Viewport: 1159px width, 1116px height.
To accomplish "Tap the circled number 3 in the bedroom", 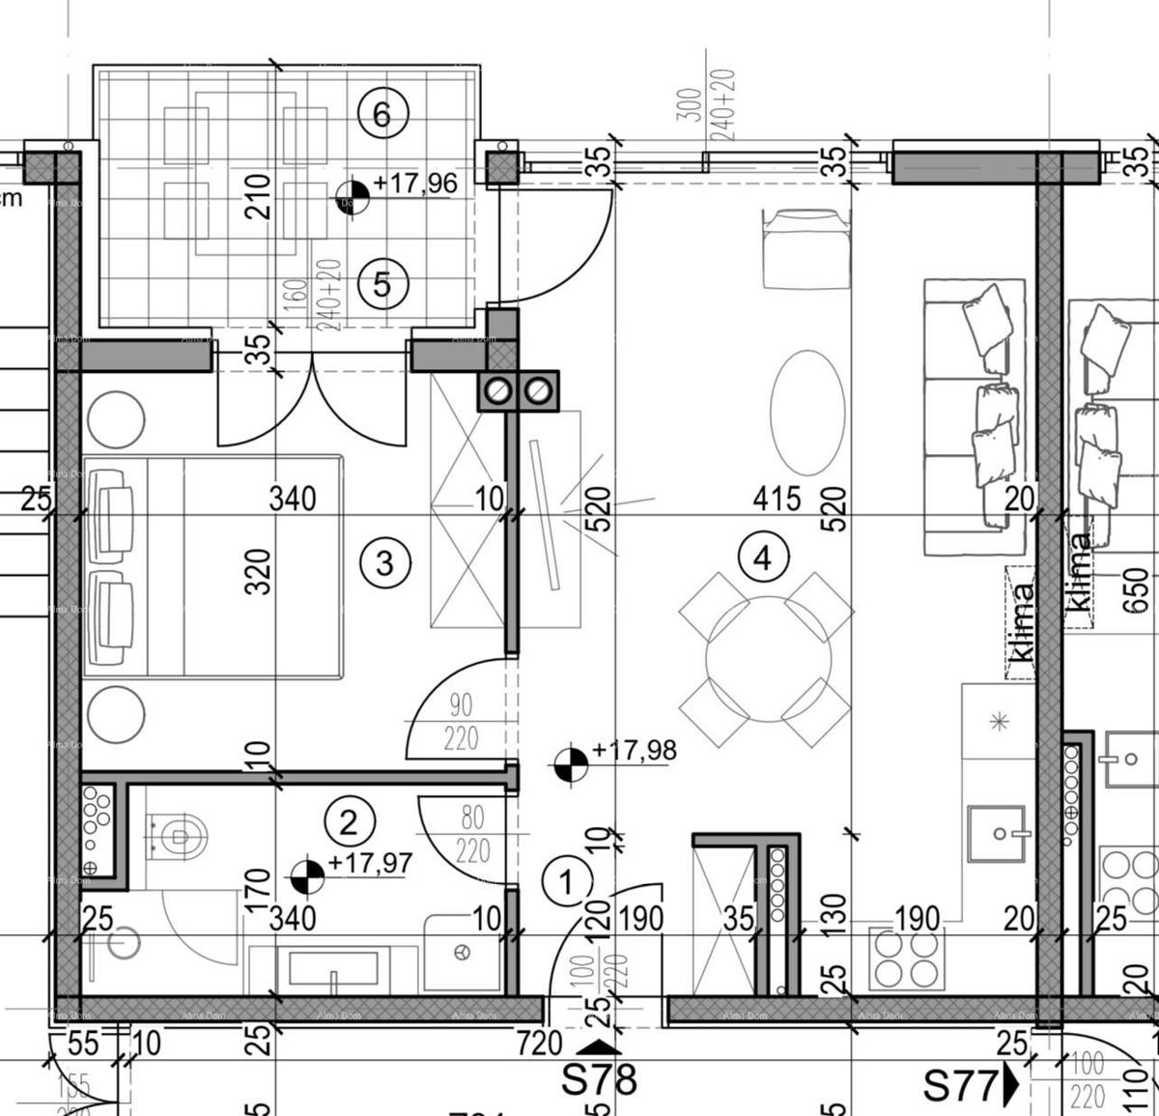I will (384, 561).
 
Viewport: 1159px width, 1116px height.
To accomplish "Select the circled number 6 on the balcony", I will (382, 115).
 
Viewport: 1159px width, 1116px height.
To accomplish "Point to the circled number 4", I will (763, 558).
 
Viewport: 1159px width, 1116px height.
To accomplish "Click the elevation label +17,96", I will (414, 183).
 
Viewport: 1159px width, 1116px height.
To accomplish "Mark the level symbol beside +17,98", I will (571, 763).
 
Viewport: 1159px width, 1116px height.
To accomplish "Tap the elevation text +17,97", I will (370, 863).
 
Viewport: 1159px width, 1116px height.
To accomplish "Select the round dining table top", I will (768, 660).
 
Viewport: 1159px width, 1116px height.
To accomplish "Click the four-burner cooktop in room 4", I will (906, 959).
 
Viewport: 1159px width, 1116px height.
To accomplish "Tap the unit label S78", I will (599, 1079).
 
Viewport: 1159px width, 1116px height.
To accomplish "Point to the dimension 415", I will (777, 499).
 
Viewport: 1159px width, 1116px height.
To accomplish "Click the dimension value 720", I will (539, 1044).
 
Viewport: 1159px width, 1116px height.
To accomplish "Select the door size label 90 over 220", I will (461, 721).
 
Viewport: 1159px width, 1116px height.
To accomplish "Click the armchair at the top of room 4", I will (806, 248).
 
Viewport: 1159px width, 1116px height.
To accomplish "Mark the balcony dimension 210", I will (258, 196).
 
